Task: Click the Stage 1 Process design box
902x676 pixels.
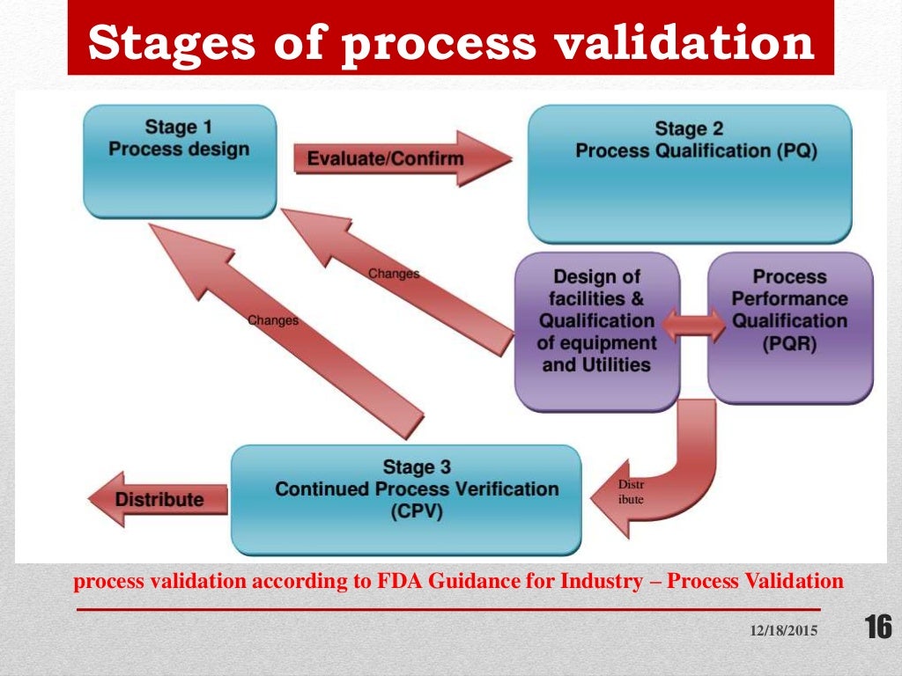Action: [181, 161]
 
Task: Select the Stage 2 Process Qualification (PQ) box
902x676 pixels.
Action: [689, 174]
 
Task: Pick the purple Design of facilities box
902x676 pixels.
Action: [596, 331]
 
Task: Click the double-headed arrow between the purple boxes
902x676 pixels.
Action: [693, 325]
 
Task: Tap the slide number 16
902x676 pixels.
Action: [877, 628]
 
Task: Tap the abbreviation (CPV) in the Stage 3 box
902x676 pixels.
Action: [416, 511]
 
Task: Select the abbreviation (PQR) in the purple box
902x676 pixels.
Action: [789, 343]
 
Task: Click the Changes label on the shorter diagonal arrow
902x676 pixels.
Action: [393, 274]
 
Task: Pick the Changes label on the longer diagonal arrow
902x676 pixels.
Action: [273, 320]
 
